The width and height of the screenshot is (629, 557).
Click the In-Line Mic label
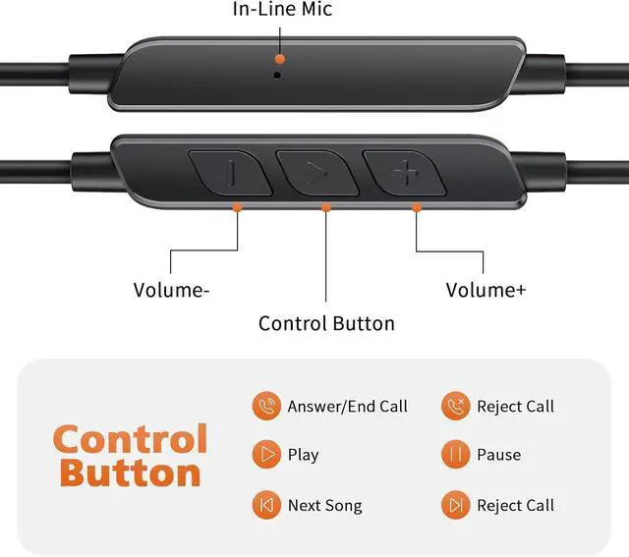click(282, 10)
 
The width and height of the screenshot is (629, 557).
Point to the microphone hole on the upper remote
click(279, 73)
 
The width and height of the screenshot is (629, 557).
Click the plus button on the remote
click(403, 174)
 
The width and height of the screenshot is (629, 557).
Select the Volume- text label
click(172, 290)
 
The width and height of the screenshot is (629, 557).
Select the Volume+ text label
click(486, 290)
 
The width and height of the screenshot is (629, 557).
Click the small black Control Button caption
click(326, 323)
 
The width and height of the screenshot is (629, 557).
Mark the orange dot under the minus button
click(237, 207)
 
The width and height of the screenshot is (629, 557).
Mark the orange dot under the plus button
click(417, 207)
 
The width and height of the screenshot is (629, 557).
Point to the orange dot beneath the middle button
click(326, 207)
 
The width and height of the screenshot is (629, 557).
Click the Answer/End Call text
click(347, 407)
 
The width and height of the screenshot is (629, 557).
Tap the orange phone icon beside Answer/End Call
click(264, 407)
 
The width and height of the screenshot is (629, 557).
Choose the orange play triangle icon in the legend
click(264, 455)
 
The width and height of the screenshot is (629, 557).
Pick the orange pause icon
click(454, 455)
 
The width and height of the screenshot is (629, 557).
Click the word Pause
click(498, 455)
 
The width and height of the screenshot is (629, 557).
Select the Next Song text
click(324, 506)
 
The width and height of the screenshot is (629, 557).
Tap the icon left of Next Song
click(264, 506)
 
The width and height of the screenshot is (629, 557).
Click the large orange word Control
click(131, 439)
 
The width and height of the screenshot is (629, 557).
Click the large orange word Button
click(131, 473)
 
